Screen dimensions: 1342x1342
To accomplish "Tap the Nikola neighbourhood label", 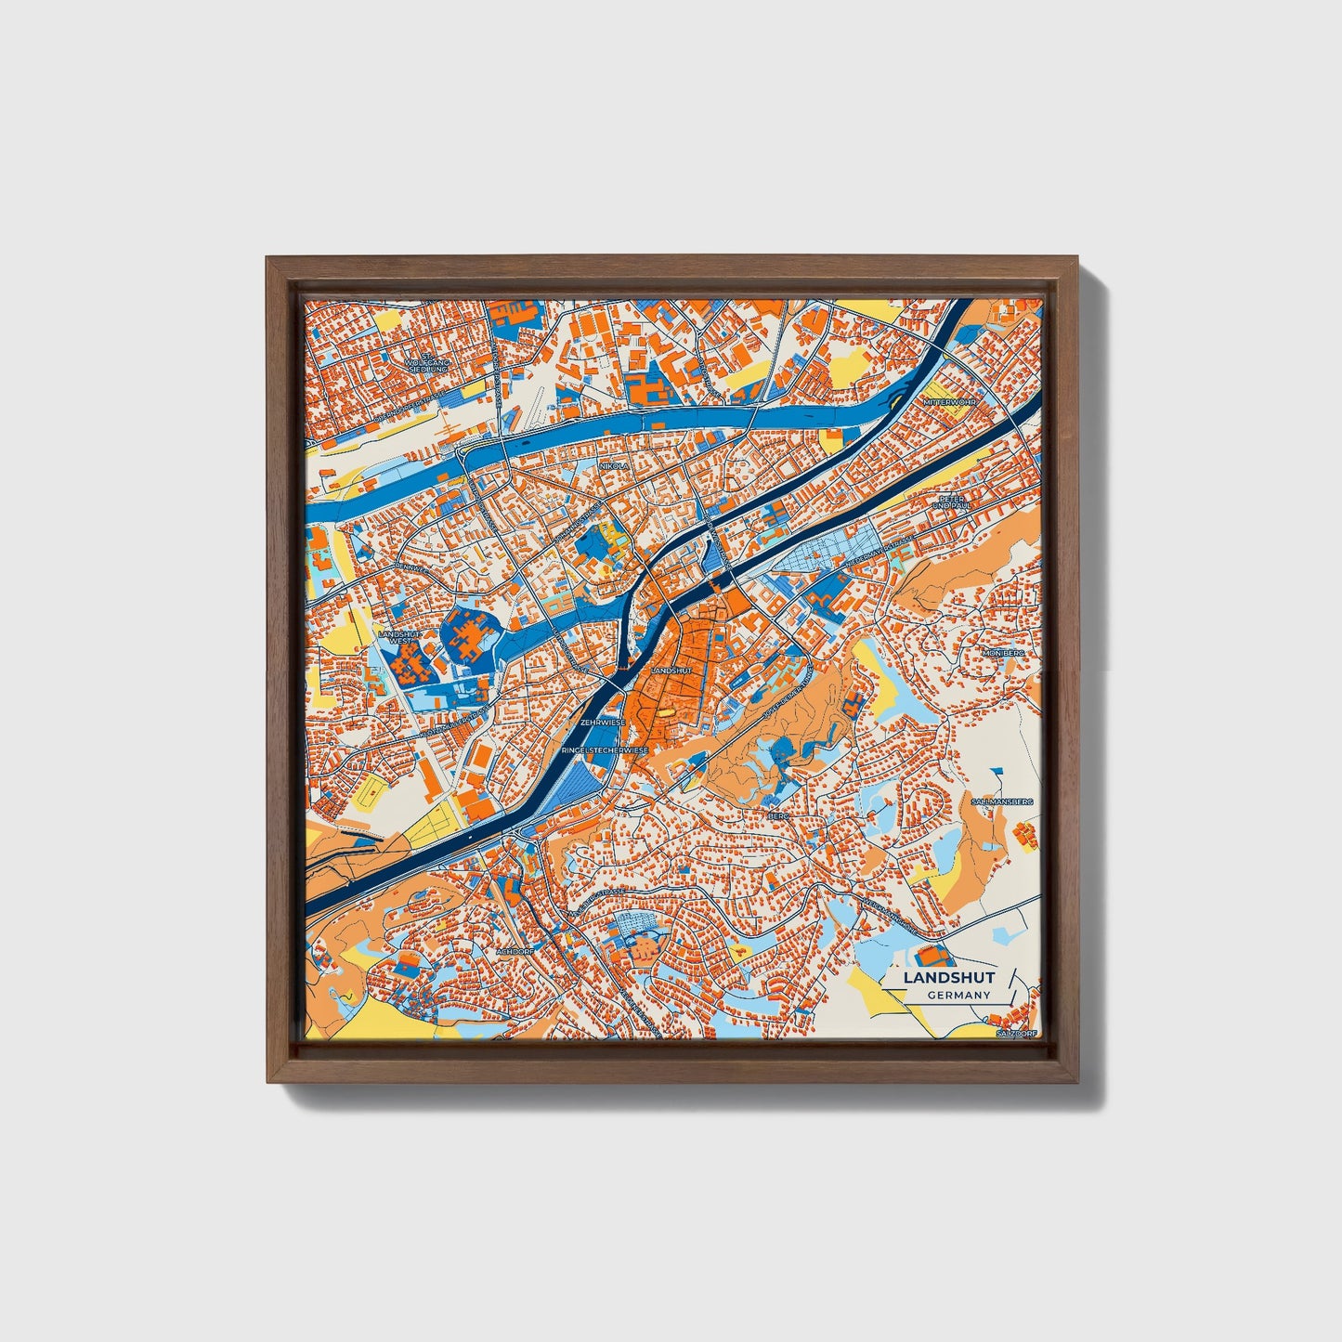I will coord(614,465).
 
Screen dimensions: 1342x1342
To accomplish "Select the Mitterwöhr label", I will coord(945,402).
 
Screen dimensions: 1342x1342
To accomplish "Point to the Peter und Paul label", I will coord(948,502).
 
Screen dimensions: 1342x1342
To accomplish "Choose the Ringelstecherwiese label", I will coord(604,749).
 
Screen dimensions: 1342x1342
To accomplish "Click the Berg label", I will coord(777,815).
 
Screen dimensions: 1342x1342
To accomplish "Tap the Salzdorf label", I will coord(1014,1033).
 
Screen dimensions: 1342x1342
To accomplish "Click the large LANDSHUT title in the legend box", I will coord(948,977).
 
